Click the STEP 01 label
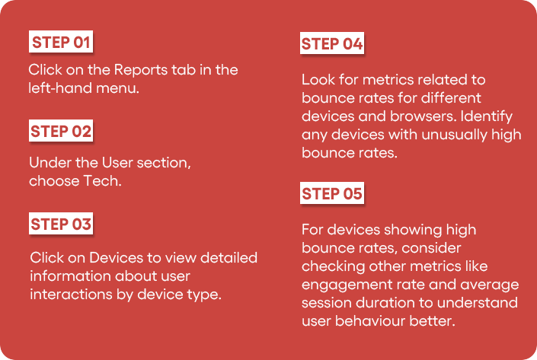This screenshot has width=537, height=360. [x=61, y=42]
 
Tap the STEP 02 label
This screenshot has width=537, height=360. [x=61, y=131]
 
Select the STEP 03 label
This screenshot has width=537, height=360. [x=61, y=224]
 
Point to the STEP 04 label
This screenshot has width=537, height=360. [x=332, y=43]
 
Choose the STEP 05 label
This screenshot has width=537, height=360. [x=332, y=193]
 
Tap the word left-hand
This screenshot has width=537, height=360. [x=60, y=88]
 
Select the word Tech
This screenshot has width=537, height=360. [x=102, y=180]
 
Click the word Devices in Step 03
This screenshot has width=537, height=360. [x=116, y=258]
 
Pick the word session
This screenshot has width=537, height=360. [x=327, y=303]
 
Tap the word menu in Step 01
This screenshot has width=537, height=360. [x=117, y=88]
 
